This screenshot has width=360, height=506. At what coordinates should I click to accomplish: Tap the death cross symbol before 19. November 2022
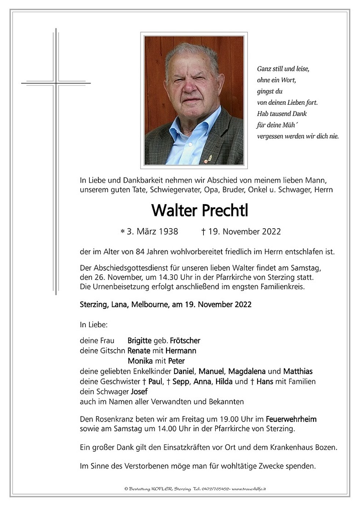203,232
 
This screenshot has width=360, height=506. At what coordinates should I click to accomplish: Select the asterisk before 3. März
122,232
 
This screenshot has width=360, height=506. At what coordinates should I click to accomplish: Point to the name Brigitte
139,341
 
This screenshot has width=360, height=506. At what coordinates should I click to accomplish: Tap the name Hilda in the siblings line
224,381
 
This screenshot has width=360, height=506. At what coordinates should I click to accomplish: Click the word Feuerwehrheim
291,419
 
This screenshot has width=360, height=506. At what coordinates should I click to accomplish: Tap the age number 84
140,252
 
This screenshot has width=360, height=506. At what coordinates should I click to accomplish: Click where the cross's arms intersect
56,83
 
